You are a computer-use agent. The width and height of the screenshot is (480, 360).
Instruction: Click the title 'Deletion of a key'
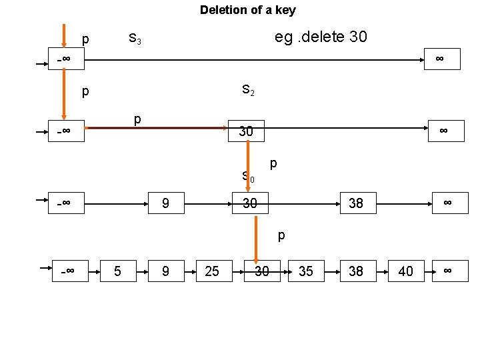pos(247,10)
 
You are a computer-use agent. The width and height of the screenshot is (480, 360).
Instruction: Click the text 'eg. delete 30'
pos(320,36)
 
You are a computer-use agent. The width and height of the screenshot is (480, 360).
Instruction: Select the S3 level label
pos(135,38)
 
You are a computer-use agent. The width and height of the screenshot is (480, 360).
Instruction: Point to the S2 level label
pos(247,89)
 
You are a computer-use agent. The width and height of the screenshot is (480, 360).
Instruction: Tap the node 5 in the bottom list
pos(118,271)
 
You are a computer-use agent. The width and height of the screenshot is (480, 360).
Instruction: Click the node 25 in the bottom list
pos(212,271)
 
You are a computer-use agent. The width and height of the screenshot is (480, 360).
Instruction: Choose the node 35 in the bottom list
pos(306,271)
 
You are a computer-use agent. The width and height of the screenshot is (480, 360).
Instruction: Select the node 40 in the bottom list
pos(405,271)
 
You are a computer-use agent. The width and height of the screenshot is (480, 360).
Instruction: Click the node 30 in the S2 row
pos(246,131)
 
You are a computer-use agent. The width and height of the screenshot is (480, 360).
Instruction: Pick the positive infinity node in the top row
pos(440,59)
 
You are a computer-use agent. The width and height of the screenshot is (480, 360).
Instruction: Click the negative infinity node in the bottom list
pos(69,271)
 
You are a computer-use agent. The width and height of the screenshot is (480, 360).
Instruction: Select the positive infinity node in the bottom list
pos(448,270)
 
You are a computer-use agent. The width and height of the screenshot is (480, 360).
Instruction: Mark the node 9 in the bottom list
pos(165,271)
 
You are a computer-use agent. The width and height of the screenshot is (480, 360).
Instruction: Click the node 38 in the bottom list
pos(356,271)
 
